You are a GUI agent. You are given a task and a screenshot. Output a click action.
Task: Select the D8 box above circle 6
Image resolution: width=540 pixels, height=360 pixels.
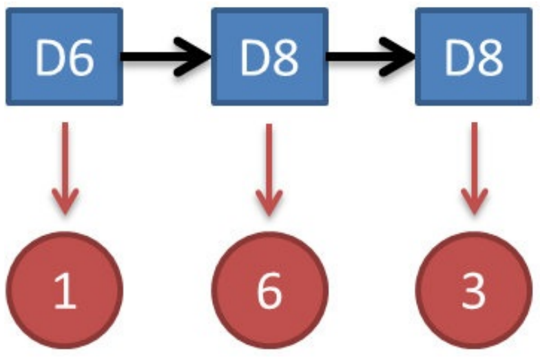[269, 57]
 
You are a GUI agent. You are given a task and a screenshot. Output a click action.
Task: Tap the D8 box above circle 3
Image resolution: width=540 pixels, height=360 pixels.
[473, 57]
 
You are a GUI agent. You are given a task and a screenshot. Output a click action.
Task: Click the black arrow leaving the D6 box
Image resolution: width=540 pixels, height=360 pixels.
[165, 57]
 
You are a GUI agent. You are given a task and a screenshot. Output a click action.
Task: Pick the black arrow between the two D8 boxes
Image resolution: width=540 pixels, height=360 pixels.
[371, 57]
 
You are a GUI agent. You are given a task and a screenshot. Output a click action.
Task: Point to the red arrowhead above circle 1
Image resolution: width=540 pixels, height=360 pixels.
[65, 200]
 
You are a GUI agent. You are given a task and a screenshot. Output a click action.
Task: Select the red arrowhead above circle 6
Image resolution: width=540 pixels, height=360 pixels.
[269, 200]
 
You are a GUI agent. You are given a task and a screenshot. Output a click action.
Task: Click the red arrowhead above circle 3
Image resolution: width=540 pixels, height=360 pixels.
[473, 200]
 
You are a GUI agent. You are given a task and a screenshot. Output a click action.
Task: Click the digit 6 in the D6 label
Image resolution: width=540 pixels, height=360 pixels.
[81, 59]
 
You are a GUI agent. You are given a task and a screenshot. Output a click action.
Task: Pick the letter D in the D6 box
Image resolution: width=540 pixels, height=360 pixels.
[50, 59]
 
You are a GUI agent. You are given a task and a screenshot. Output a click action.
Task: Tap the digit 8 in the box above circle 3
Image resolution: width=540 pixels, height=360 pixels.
[489, 59]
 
